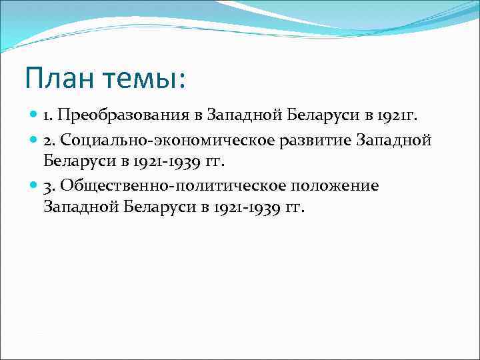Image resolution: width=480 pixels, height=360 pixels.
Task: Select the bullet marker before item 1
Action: tap(35, 116)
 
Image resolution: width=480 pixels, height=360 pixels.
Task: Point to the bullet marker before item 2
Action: tap(35, 140)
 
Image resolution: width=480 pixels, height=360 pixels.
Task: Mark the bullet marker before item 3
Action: tap(35, 185)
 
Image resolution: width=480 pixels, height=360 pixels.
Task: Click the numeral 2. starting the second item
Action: tap(50, 140)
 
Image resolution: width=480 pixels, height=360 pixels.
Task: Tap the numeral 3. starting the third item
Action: tap(50, 185)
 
